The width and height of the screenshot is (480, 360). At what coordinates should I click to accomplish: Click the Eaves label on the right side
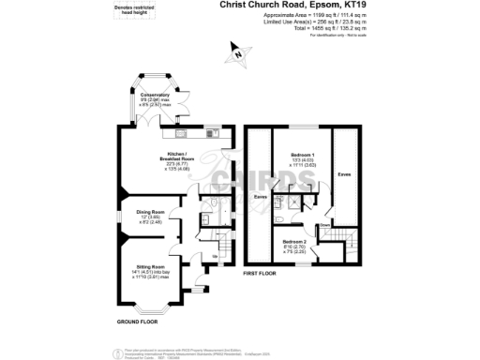click(345, 175)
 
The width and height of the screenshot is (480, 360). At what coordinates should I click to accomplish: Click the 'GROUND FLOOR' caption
click(136, 322)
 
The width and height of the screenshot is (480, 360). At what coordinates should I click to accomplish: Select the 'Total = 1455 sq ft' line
click(319, 28)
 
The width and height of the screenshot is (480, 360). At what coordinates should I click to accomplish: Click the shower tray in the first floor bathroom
click(295, 199)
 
